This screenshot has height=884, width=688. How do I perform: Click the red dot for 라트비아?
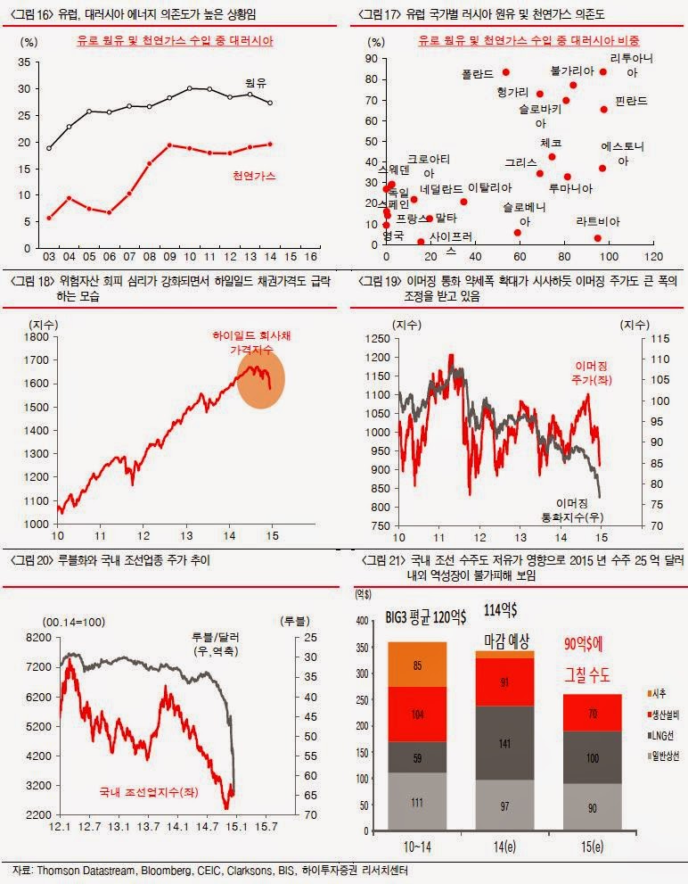pyautogui.click(x=597, y=238)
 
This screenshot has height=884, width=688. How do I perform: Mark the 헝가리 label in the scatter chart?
pyautogui.click(x=513, y=92)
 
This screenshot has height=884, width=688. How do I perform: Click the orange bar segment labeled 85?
pyautogui.click(x=416, y=665)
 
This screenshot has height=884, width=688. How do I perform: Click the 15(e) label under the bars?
pyautogui.click(x=592, y=845)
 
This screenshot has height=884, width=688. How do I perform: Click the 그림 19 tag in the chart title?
pyautogui.click(x=380, y=281)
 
